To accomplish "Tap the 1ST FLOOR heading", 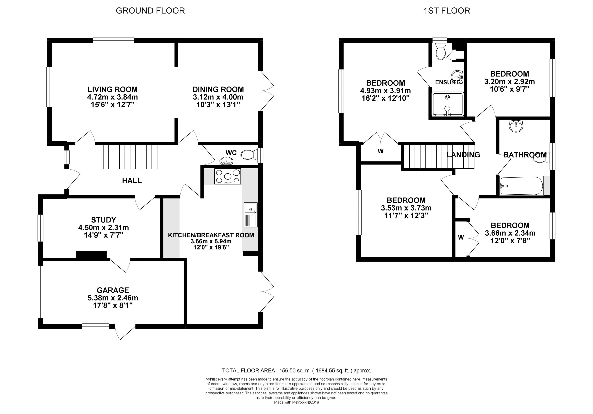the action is click(447, 11).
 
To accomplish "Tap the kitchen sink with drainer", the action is click(250, 215).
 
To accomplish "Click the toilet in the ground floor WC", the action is click(249, 155).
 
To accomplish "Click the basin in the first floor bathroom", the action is click(516, 126).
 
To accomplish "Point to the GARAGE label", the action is click(113, 290).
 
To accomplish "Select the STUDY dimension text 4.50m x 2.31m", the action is click(103, 228).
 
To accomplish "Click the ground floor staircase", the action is click(130, 157).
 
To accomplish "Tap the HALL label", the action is click(132, 181).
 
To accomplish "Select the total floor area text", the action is click(296, 371).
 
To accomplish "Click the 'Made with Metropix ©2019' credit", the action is click(296, 402).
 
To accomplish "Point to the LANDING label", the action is click(463, 155).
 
